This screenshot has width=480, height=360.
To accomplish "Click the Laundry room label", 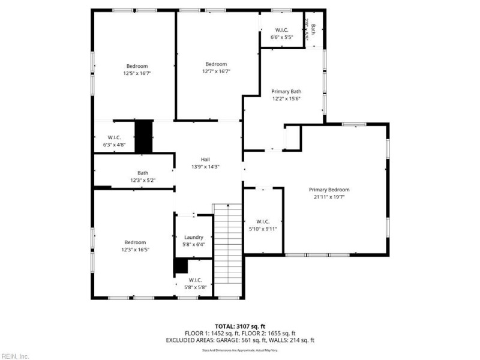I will pos(194,237).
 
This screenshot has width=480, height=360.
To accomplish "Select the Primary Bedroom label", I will pos(329,190).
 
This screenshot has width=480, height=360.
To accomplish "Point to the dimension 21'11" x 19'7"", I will pos(329,197).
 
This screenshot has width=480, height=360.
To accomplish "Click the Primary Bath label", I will pos(286,91).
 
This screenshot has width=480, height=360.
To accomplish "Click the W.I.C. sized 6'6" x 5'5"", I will pos(282,30).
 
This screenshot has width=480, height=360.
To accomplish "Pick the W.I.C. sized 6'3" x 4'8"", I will pos(114,137).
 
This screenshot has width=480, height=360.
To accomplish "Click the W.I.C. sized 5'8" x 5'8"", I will pos(196,280).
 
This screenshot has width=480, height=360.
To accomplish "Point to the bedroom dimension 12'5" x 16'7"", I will pos(137,73).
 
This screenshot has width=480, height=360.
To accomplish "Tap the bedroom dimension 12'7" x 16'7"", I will pos(216,71).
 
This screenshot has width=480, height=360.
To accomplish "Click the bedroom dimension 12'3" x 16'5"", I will pos(136,249).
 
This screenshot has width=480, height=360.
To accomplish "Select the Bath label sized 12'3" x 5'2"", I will pos(143,173).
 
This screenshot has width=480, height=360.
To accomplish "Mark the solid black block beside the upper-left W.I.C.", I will pos(143,137).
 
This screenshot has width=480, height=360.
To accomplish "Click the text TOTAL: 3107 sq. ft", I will pos(239,326).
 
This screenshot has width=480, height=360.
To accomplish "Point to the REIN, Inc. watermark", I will pos(15,356).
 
